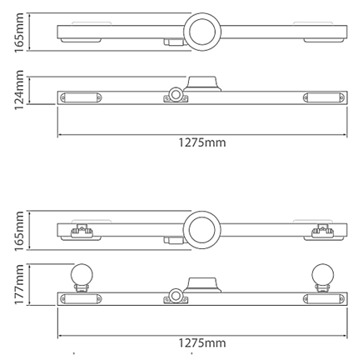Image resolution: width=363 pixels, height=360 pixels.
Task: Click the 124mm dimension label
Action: click(19, 90)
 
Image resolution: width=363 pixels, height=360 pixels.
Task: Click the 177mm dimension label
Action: click(19, 284)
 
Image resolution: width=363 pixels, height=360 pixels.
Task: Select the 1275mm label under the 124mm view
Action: click(202, 142)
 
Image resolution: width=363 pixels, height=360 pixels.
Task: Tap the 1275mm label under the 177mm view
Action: click(202, 343)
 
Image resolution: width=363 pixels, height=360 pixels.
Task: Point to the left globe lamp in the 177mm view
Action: click(82, 274)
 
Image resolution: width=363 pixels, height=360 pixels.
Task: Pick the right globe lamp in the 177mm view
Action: click(322, 274)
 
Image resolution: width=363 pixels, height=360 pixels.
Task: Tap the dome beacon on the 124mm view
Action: click(202, 83)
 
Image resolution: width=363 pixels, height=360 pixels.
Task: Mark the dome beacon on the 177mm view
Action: click(202, 285)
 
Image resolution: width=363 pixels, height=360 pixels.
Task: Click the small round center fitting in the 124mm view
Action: click(176, 95)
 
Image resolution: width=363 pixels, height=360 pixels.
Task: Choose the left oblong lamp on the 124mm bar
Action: click(81, 97)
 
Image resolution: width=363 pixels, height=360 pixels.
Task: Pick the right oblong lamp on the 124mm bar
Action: click(324, 97)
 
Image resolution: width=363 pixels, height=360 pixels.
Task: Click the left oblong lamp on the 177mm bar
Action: click(81, 299)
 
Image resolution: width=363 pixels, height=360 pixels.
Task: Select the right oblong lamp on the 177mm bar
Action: click(324, 299)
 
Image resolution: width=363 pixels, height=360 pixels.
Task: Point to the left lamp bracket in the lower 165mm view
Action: click(82, 231)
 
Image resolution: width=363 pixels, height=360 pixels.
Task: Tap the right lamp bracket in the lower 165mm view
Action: click(322, 231)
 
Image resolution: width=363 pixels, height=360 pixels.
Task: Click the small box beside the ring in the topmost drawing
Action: click(174, 42)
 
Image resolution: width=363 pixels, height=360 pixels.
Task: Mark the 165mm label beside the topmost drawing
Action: click(19, 32)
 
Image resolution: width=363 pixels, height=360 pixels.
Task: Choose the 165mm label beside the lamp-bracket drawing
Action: click(19, 231)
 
